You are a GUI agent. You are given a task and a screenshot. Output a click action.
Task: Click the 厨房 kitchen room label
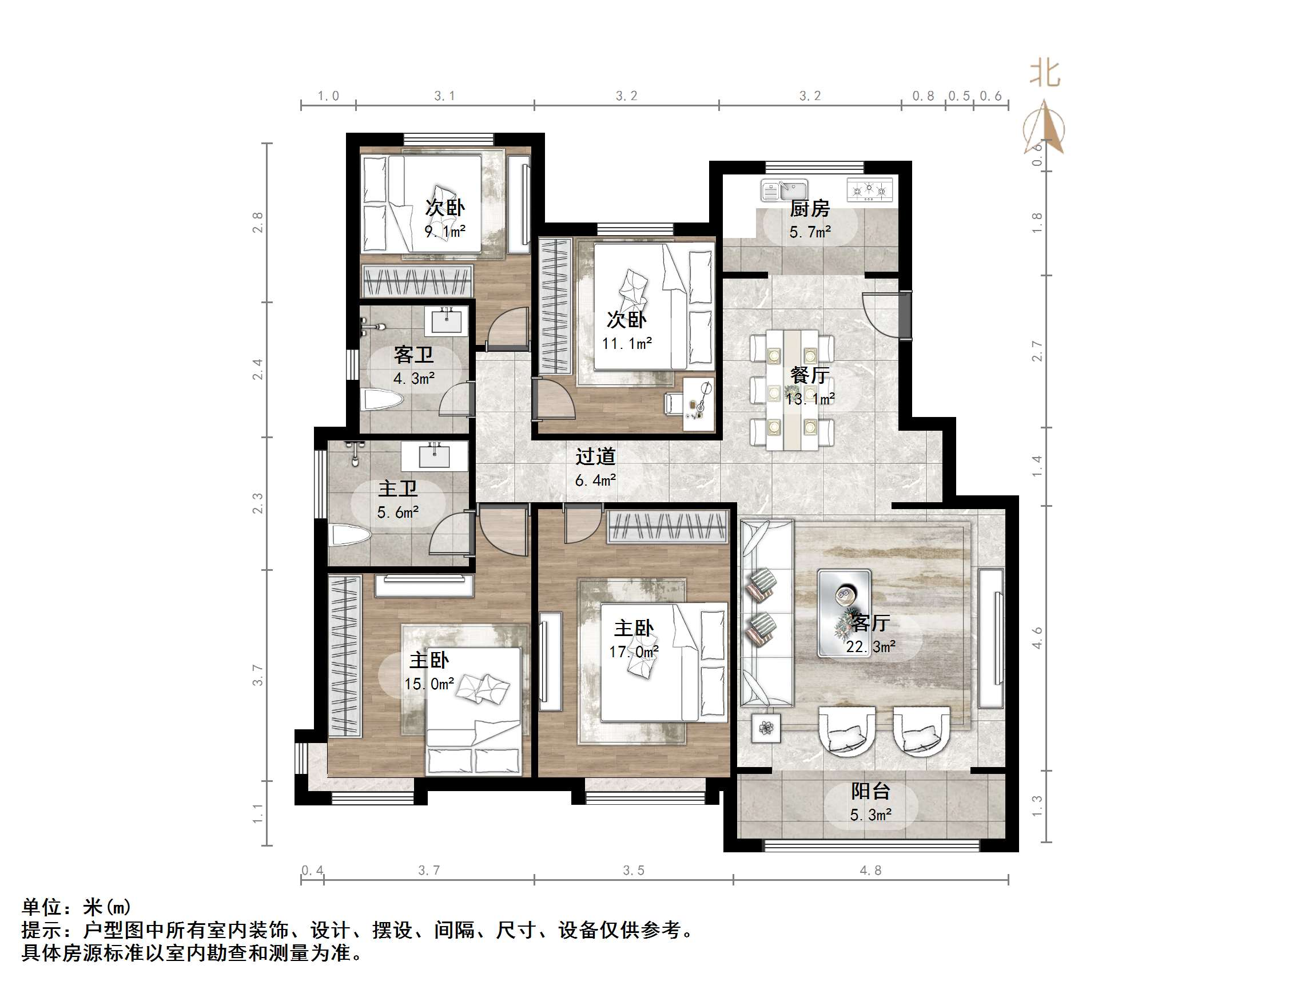point(809,208)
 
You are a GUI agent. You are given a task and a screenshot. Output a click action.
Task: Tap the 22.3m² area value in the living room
point(870,646)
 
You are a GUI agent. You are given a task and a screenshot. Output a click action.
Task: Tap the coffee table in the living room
point(844,613)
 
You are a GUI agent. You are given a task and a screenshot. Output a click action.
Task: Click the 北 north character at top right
point(1044,74)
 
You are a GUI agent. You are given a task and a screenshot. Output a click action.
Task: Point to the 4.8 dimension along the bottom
point(870,871)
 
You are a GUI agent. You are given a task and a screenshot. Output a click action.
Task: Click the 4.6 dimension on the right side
point(1037,638)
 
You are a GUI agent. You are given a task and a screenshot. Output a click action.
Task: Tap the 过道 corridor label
point(595,456)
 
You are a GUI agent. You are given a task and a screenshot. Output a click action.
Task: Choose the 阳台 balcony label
point(870,792)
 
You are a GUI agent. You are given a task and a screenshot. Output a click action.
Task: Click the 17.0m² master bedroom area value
point(634,652)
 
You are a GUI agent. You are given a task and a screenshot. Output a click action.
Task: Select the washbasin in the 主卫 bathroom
point(435,456)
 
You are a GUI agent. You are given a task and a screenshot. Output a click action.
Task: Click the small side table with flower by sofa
point(766,728)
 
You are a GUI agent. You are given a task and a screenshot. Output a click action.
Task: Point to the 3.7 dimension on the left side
point(257,675)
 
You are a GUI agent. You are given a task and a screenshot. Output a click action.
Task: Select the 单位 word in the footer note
point(42,907)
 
